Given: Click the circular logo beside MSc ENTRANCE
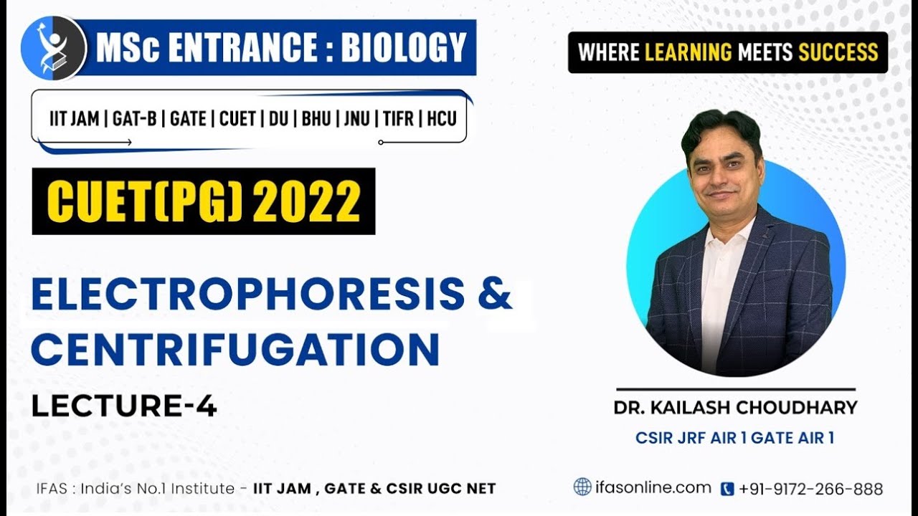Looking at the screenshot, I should click(x=54, y=48).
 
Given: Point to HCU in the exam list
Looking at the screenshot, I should click(x=442, y=118).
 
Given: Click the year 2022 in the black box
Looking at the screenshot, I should click(x=306, y=201).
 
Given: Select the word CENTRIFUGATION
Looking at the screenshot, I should click(x=235, y=349).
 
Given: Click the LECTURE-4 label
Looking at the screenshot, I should click(x=123, y=406).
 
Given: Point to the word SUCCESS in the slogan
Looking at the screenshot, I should click(x=838, y=52).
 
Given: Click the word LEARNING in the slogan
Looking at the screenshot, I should click(x=688, y=52).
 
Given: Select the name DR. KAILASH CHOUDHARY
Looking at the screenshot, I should click(x=735, y=408).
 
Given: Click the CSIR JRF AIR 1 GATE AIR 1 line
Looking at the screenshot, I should click(x=734, y=437).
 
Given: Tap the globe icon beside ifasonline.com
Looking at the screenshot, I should click(x=582, y=487).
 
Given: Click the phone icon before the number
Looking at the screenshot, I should click(x=727, y=489).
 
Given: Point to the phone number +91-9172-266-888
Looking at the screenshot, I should click(x=811, y=489).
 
